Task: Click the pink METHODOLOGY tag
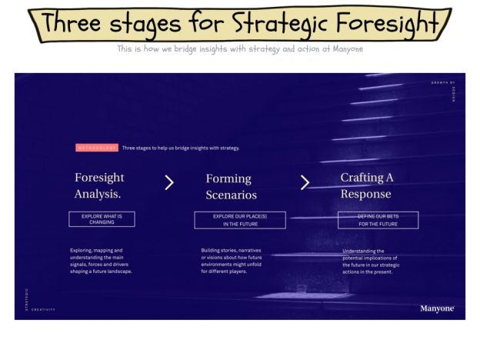point(96,147)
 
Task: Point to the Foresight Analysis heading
point(99,185)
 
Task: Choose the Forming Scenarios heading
point(231,187)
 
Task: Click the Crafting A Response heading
point(367,185)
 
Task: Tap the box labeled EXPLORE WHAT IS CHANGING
point(102,219)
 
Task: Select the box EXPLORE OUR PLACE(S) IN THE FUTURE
point(240,220)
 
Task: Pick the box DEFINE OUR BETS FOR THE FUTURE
point(378,220)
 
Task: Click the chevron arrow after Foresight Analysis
point(169,182)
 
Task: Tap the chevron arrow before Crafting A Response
point(305,182)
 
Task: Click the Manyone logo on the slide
point(437,308)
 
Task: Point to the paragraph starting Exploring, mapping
point(101,261)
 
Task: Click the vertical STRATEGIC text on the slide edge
point(25,299)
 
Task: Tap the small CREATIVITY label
point(43,309)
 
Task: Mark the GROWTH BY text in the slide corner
point(443,82)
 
